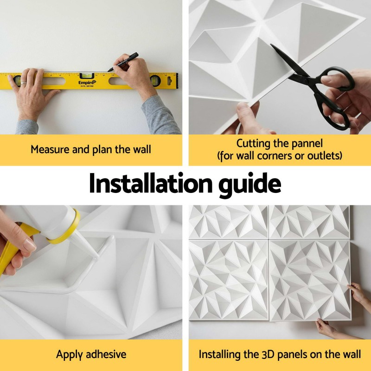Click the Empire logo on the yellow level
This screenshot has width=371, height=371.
pyautogui.click(x=87, y=83)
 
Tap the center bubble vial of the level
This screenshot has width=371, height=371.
pyautogui.click(x=87, y=76)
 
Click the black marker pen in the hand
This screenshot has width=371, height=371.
pyautogui.click(x=123, y=62)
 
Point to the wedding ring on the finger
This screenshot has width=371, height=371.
pyautogui.click(x=23, y=83)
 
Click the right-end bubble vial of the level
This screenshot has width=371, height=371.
pyautogui.click(x=155, y=81)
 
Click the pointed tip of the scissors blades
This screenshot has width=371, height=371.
pyautogui.click(x=271, y=45)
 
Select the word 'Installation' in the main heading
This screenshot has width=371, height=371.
pyautogui.click(x=150, y=184)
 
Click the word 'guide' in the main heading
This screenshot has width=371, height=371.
pyautogui.click(x=250, y=185)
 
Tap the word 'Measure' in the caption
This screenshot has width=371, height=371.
pyautogui.click(x=50, y=149)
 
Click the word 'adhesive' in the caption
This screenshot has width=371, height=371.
pyautogui.click(x=106, y=354)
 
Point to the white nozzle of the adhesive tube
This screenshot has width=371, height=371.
pyautogui.click(x=87, y=246)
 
